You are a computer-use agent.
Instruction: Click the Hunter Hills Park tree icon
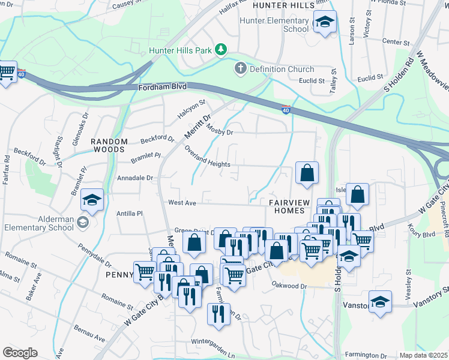tap(221, 49)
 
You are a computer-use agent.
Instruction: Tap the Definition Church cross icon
tap(241, 68)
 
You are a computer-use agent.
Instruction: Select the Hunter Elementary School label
tap(274, 25)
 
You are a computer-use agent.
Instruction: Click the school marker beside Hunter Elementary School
tap(325, 23)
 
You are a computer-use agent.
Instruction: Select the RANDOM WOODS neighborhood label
tap(109, 145)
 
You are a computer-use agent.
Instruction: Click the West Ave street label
tap(182, 203)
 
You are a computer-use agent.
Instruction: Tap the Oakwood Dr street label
tap(289, 285)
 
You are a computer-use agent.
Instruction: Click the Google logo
tap(20, 353)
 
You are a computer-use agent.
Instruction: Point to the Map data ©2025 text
tap(423, 355)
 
